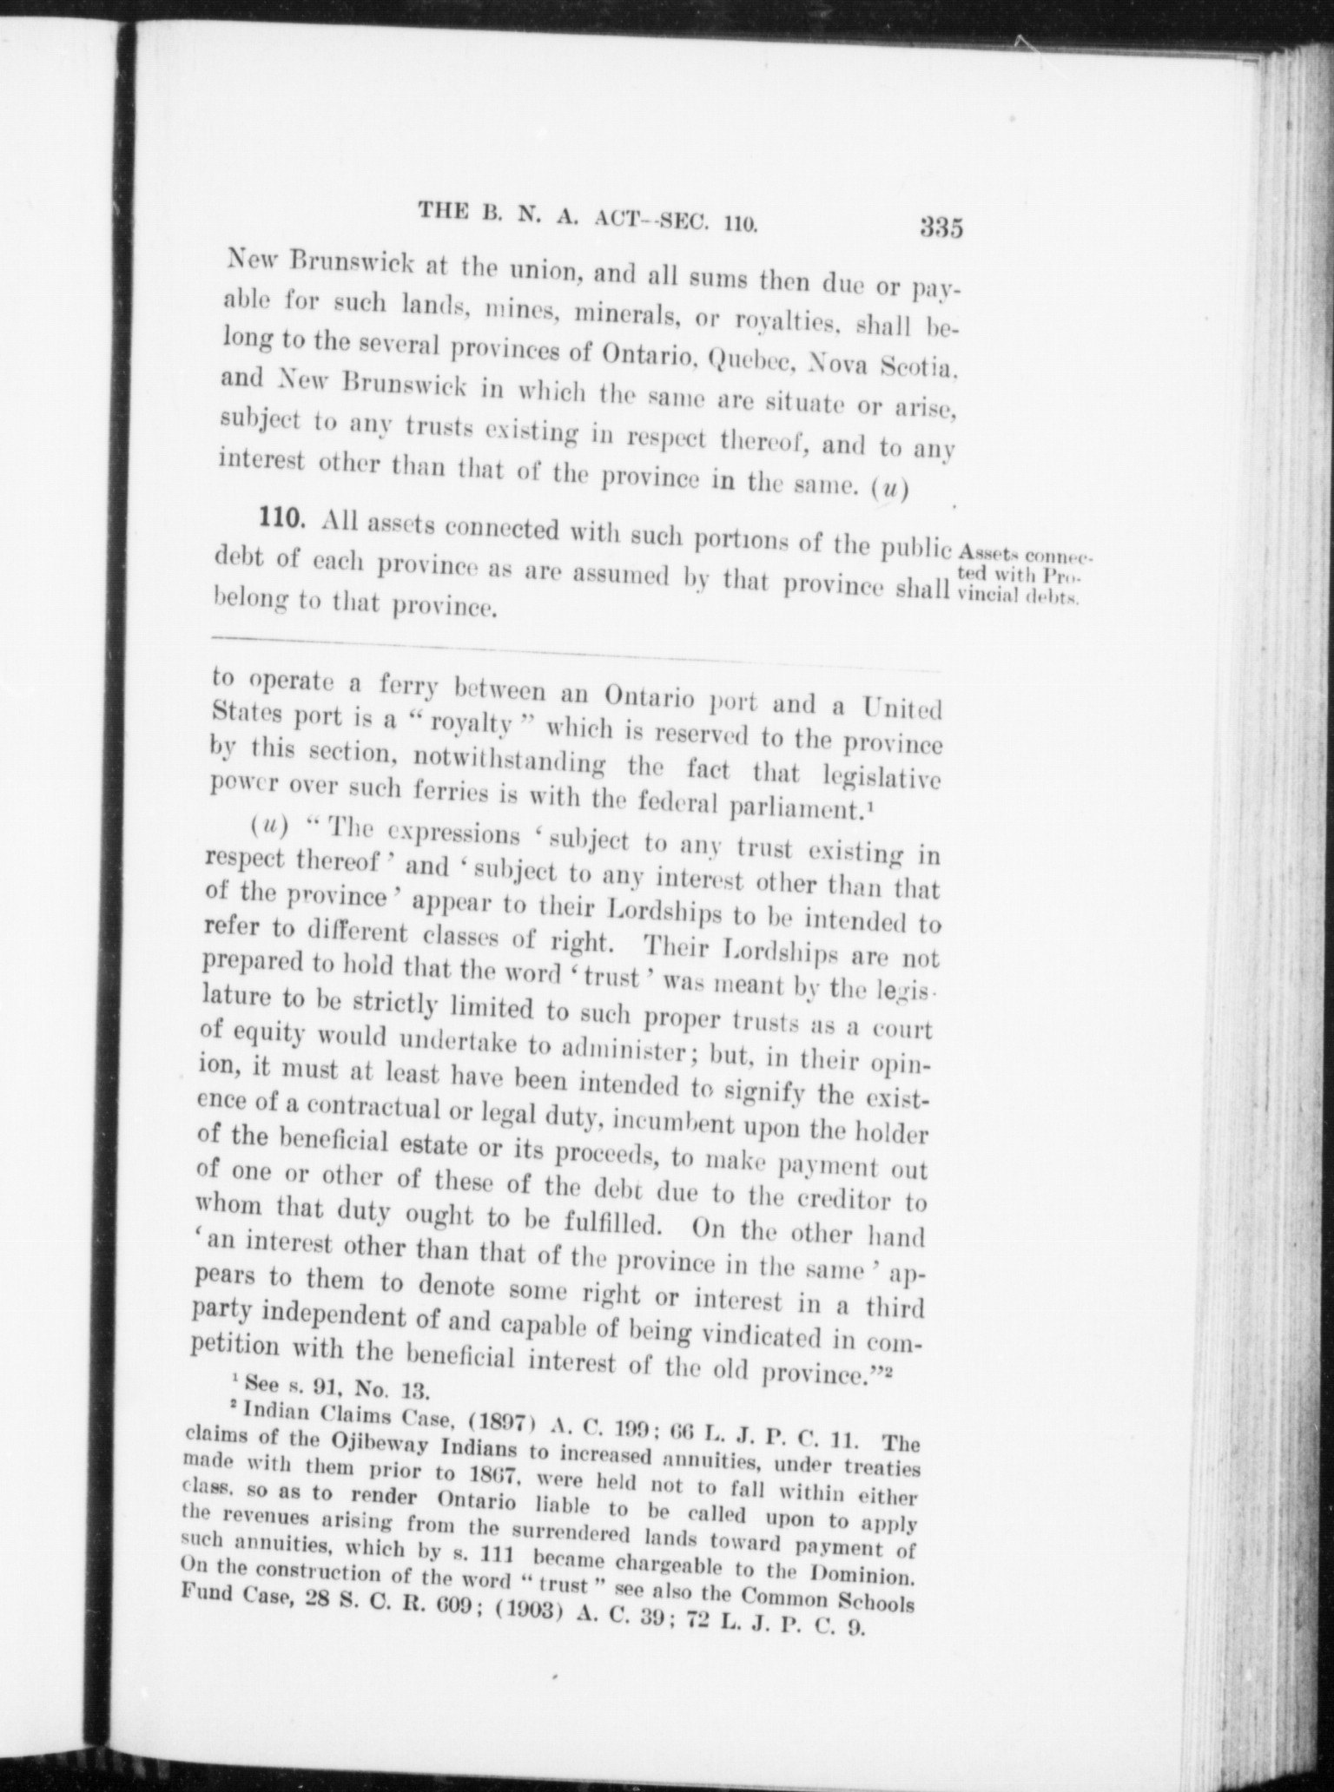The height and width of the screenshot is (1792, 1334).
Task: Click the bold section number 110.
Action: coord(281,520)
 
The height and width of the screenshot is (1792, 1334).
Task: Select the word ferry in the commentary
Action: coord(413,686)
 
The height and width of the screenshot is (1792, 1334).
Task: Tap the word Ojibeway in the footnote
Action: coord(387,1447)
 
